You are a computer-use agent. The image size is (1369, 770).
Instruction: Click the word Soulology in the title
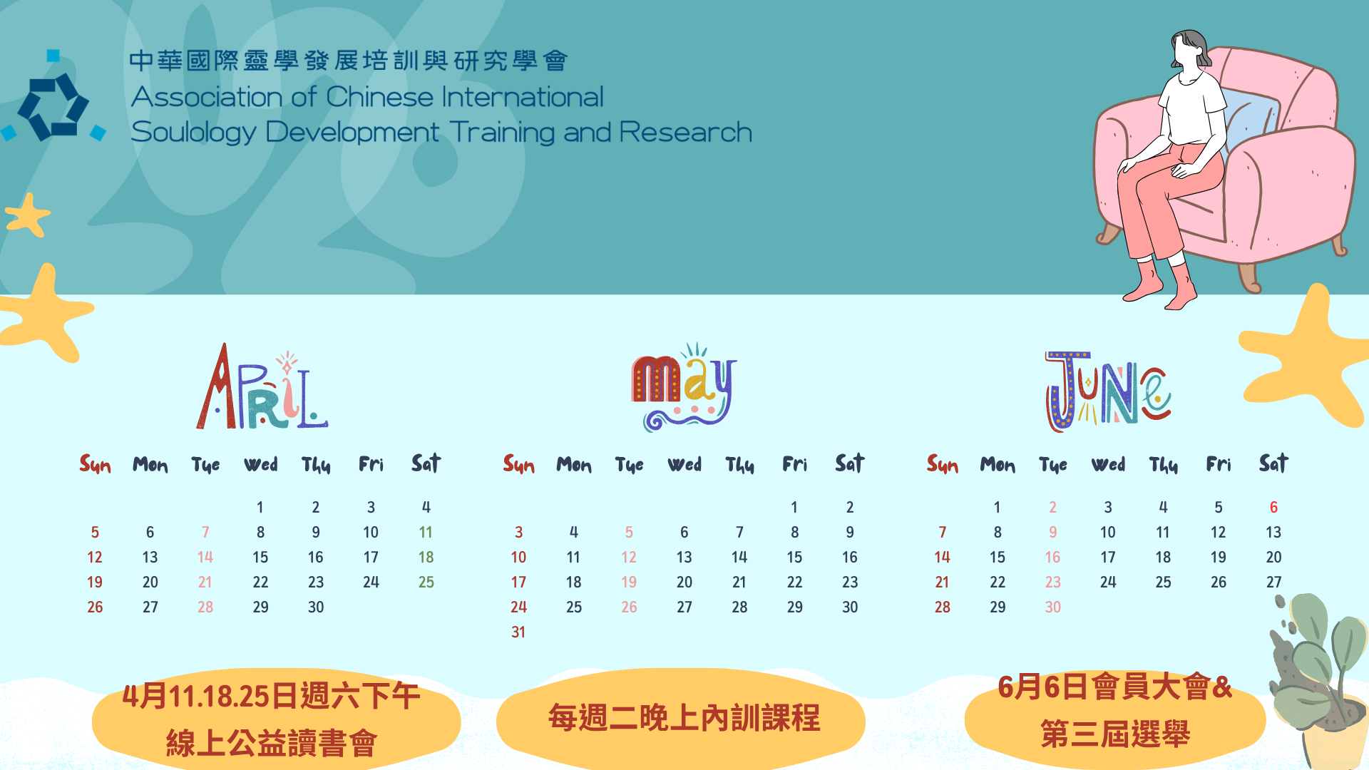pyautogui.click(x=193, y=133)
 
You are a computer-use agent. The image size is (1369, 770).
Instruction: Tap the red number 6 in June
pyautogui.click(x=1273, y=508)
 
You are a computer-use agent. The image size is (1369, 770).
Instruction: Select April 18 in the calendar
pyautogui.click(x=426, y=558)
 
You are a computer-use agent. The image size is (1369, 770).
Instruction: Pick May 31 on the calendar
pyautogui.click(x=518, y=632)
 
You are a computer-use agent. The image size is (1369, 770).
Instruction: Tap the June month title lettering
pyautogui.click(x=1108, y=391)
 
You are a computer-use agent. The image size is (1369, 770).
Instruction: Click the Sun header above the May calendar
pyautogui.click(x=518, y=465)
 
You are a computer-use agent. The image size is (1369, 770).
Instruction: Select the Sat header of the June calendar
pyautogui.click(x=1273, y=463)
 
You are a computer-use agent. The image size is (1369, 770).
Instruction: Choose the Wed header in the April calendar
pyautogui.click(x=261, y=465)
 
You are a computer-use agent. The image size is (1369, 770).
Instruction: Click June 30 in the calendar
pyautogui.click(x=1052, y=607)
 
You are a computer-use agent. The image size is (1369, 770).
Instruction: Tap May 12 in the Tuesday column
pyautogui.click(x=629, y=558)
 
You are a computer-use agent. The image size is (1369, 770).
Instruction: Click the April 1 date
pyautogui.click(x=260, y=508)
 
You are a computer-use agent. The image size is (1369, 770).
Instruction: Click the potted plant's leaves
pyautogui.click(x=1319, y=656)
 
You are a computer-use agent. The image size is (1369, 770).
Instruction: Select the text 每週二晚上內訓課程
pyautogui.click(x=684, y=718)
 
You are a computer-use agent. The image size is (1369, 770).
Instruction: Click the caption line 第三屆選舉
pyautogui.click(x=1115, y=734)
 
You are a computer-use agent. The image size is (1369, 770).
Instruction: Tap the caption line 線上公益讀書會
pyautogui.click(x=271, y=743)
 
